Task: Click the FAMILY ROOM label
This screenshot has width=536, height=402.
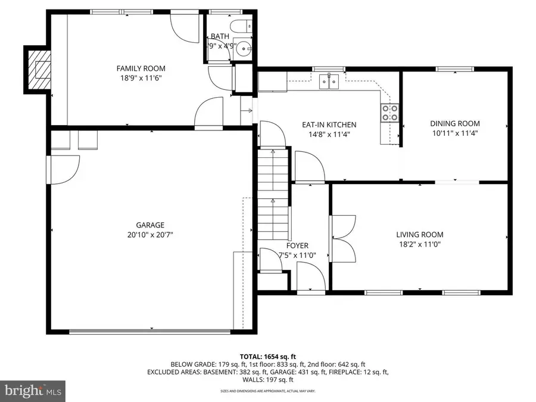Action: tap(141, 68)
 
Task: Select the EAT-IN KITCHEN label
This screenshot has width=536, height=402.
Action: tap(329, 124)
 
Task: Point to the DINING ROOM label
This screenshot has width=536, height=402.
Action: tap(454, 124)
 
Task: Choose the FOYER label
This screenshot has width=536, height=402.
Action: tap(297, 245)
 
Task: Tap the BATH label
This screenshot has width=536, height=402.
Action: tap(219, 36)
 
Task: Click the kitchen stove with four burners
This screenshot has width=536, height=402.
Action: tap(389, 113)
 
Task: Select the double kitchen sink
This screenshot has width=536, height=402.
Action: tap(328, 80)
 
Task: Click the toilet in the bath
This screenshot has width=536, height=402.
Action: tap(243, 27)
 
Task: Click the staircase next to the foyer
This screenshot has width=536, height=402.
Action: tap(273, 197)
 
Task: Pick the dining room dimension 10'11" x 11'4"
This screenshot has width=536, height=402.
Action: tap(454, 133)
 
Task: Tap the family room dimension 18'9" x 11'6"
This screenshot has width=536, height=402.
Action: tap(141, 78)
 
